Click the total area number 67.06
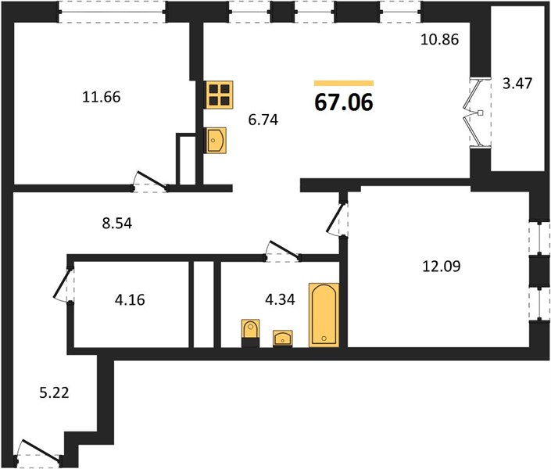(x=344, y=102)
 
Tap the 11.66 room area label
(x=101, y=97)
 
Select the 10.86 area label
(x=439, y=39)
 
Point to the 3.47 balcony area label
(x=517, y=84)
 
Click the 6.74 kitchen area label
(x=263, y=120)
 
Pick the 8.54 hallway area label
(x=117, y=224)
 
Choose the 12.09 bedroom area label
(x=441, y=266)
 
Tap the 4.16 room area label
(x=130, y=300)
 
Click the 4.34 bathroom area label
(x=280, y=299)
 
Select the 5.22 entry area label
(x=54, y=392)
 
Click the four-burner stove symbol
(x=220, y=95)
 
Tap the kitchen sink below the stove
(x=215, y=140)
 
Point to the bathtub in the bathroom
(x=324, y=315)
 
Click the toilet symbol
(x=251, y=333)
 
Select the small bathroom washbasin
(x=282, y=338)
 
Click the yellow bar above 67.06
(x=344, y=83)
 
